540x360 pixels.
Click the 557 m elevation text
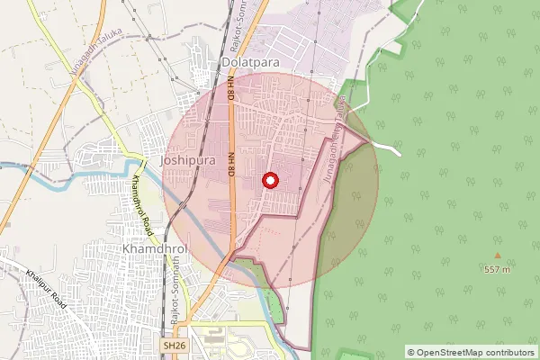tap(497, 269)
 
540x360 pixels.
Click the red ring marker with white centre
tap(270, 180)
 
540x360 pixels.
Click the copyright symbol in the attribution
tap(410, 352)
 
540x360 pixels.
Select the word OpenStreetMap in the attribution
tap(448, 352)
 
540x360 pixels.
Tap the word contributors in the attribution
tap(508, 352)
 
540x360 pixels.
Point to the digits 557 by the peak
tap(492, 269)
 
